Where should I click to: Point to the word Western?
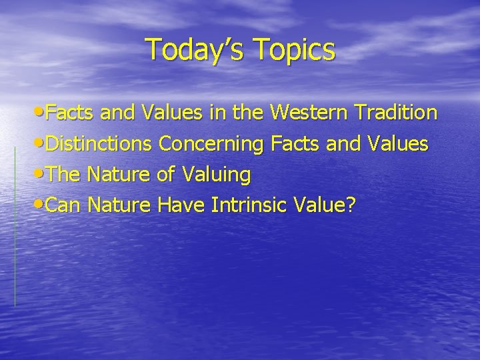click(x=311, y=113)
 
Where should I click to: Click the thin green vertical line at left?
click(x=15, y=227)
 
